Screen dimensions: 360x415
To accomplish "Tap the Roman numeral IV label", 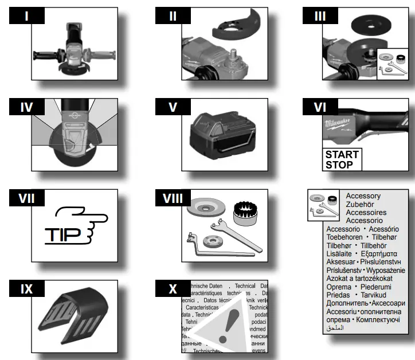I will (x=26, y=107).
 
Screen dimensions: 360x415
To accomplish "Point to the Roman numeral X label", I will (x=173, y=289).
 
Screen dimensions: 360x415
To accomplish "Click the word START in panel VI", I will (x=342, y=154).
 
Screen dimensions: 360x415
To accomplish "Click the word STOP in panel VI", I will (x=339, y=165).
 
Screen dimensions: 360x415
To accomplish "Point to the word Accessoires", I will (x=366, y=212).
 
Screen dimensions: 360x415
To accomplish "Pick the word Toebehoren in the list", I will (x=344, y=237).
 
